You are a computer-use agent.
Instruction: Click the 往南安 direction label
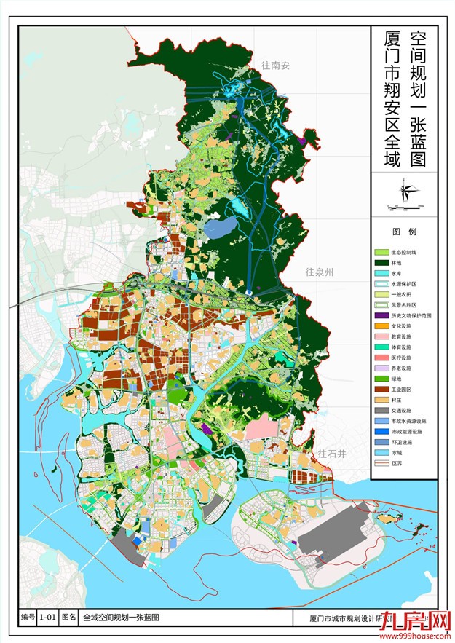point(276,66)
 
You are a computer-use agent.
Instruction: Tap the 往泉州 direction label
point(319,272)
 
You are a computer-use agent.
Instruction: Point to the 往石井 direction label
point(331,454)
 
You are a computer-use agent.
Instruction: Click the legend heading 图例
point(403,232)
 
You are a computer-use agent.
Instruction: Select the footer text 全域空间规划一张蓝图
point(121,617)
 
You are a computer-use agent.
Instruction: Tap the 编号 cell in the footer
point(28,617)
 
